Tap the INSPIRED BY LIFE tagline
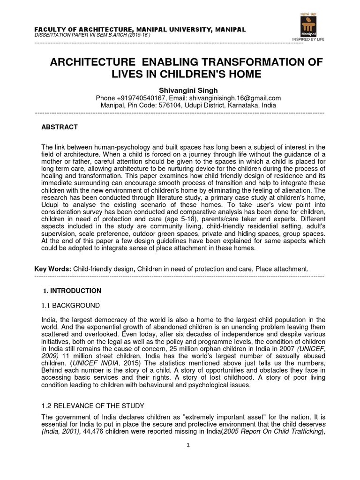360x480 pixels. coord(303,46)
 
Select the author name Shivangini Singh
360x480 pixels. coord(180,90)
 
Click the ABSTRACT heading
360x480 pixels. coord(60,127)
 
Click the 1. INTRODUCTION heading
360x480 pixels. coord(72,291)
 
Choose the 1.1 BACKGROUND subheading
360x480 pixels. coord(71,306)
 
